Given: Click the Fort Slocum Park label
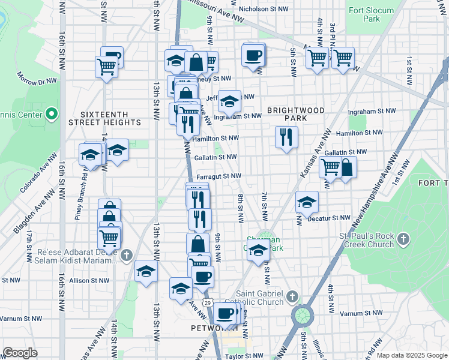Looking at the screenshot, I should (x=371, y=14).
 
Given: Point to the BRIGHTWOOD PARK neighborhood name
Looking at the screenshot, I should (x=296, y=114).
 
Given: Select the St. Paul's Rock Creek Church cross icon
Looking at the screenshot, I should (x=404, y=239).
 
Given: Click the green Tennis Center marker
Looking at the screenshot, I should (x=51, y=114).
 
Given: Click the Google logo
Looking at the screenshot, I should (x=20, y=353).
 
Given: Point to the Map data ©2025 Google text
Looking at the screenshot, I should (x=412, y=355).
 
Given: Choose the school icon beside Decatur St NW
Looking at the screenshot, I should (x=307, y=202).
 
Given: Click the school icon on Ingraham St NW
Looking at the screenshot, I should (x=229, y=101).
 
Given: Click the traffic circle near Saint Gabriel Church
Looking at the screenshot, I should (x=302, y=315).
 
